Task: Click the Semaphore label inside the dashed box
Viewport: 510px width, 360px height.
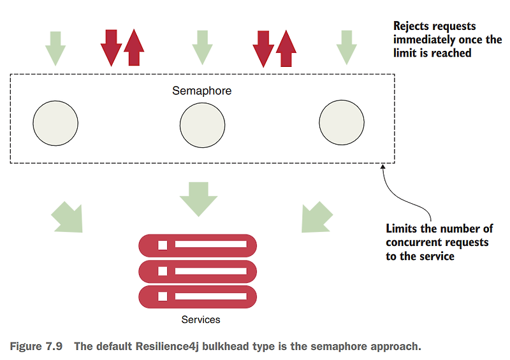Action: coord(201,90)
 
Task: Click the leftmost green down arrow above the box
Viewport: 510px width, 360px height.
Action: coord(55,48)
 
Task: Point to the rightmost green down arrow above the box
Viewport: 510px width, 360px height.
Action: coord(347,48)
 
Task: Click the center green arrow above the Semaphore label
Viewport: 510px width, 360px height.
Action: coord(202,48)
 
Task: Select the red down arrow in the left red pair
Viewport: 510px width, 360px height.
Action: coord(111,48)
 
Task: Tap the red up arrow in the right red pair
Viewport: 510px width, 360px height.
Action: coord(286,48)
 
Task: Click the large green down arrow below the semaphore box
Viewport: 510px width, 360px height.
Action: coord(198,199)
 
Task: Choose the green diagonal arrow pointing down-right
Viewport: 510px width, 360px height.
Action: coord(68,217)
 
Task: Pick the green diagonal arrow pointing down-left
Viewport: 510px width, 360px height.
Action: coord(316,217)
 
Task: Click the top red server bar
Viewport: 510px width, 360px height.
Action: coord(198,245)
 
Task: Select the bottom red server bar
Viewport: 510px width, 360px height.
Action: coord(198,296)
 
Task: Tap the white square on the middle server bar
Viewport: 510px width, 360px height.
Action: coord(163,271)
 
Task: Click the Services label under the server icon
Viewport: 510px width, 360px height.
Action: coord(201,320)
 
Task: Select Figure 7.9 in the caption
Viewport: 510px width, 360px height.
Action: coord(36,347)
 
